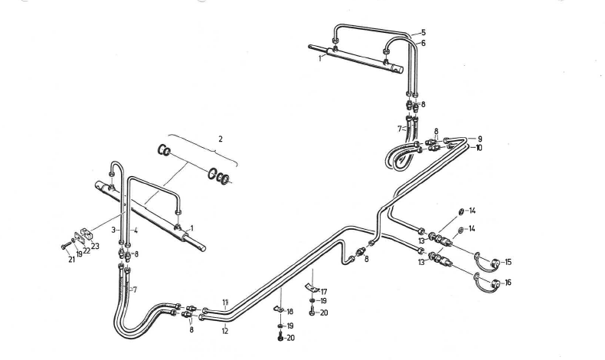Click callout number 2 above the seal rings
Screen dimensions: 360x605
pyautogui.click(x=220, y=139)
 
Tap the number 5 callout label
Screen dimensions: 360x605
pyautogui.click(x=422, y=33)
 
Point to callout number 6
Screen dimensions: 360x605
pyautogui.click(x=422, y=44)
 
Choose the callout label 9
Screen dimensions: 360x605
pyautogui.click(x=479, y=139)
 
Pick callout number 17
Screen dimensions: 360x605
pyautogui.click(x=323, y=291)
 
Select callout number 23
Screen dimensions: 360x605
pyautogui.click(x=96, y=246)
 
